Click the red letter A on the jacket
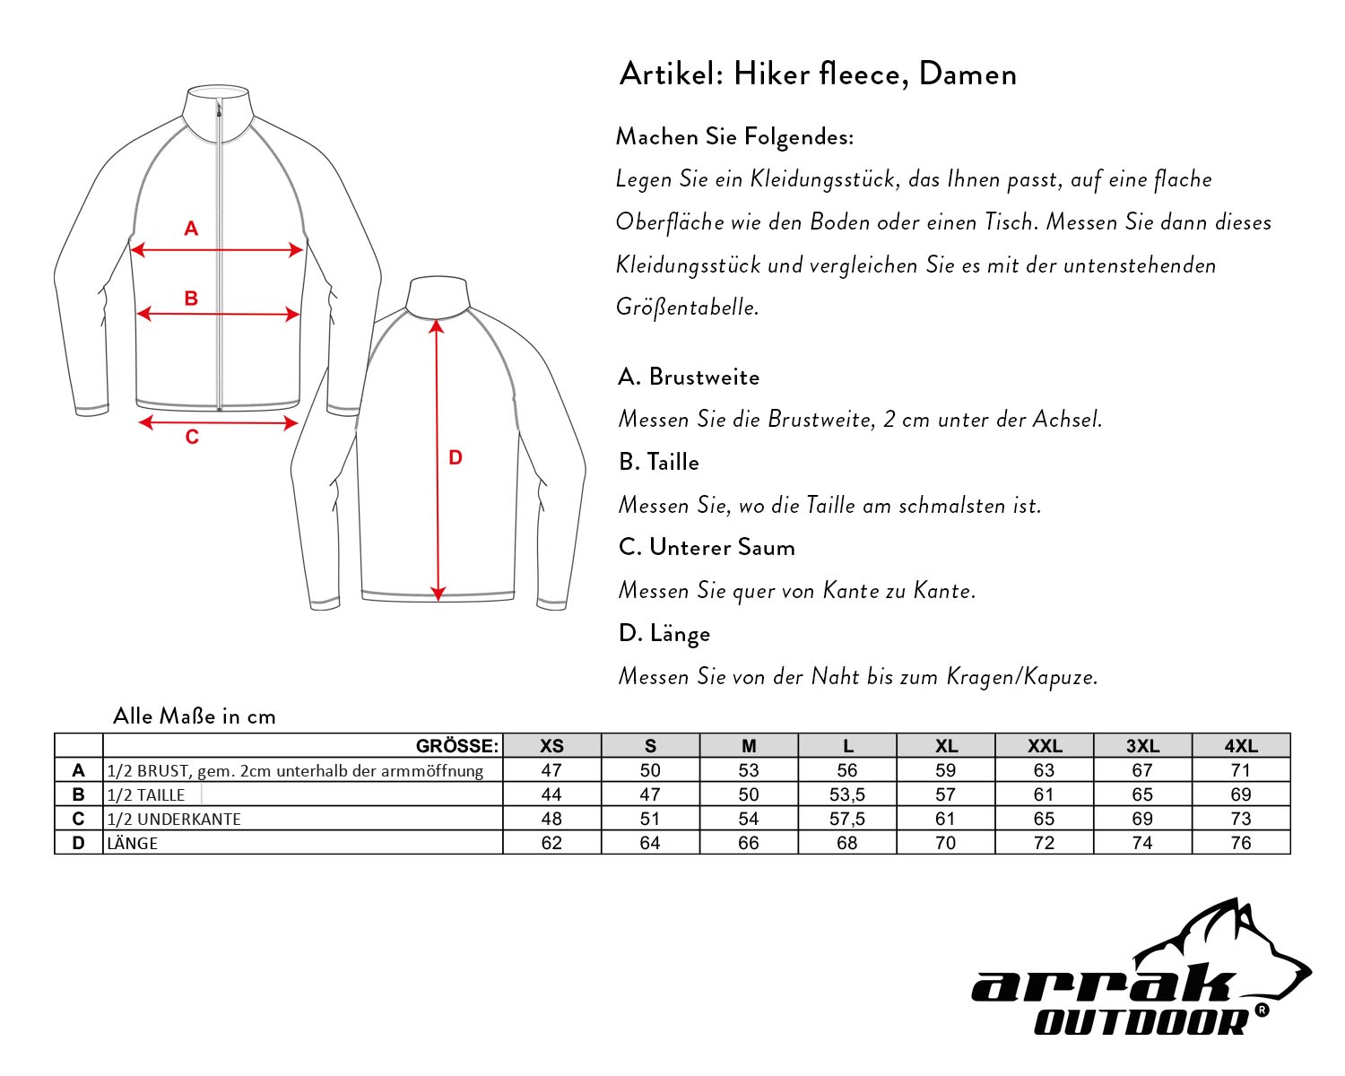point(191,229)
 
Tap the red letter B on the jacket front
point(191,299)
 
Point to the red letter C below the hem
point(192,438)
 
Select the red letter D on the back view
point(456,458)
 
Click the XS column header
point(551,746)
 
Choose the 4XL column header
point(1241,746)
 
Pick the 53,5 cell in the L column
point(847,794)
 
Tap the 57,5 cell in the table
point(847,819)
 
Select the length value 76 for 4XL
point(1241,843)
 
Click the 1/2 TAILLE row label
point(146,795)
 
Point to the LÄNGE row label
point(133,844)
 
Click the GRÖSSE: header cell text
point(457,746)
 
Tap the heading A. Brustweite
point(689,377)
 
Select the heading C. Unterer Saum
point(707,547)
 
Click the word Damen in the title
point(968,74)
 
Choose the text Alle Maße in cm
point(195,716)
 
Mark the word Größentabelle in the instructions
point(687,308)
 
